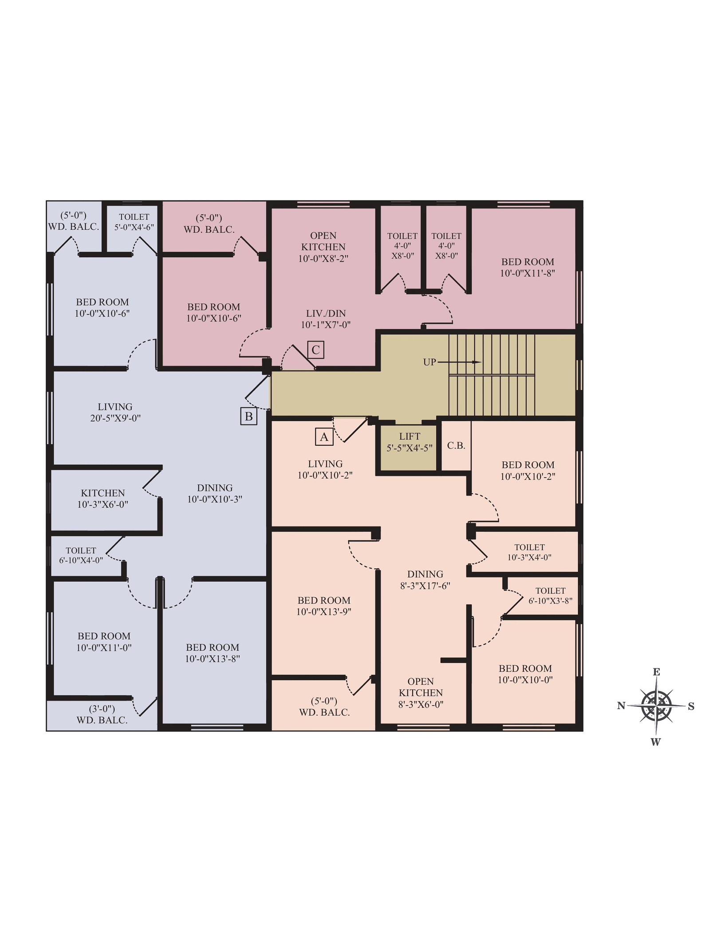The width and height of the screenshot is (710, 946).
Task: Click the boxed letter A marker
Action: tap(324, 437)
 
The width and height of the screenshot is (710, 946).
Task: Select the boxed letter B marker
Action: tap(249, 416)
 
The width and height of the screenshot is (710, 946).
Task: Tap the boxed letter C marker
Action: tap(316, 349)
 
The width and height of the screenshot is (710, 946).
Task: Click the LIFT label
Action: tap(409, 436)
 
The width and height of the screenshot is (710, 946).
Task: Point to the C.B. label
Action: tap(456, 445)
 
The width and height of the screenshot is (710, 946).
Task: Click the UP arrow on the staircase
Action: tap(459, 362)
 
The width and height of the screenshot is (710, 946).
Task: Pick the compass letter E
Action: tap(656, 672)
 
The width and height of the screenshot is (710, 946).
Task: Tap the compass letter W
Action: tap(656, 742)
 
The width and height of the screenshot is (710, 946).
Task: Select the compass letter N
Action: tap(621, 706)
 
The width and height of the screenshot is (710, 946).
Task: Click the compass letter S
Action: tap(691, 707)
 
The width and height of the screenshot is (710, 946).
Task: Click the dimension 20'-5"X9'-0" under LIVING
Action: tap(115, 418)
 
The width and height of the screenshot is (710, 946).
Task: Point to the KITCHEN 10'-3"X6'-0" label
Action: tap(103, 499)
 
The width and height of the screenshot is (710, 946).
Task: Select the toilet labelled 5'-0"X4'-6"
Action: tap(134, 222)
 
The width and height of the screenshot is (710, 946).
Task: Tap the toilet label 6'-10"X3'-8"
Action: tap(550, 596)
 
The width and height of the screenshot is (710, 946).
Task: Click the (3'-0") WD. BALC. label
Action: tap(102, 714)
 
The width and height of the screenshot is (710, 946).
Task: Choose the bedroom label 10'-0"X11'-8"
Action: tap(528, 267)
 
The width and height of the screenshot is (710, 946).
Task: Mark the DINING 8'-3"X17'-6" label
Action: tap(425, 580)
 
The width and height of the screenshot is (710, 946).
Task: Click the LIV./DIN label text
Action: tap(326, 313)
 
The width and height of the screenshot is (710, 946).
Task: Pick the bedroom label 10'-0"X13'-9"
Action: tap(324, 606)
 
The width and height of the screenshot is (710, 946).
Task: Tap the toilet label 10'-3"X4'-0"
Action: tap(529, 552)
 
